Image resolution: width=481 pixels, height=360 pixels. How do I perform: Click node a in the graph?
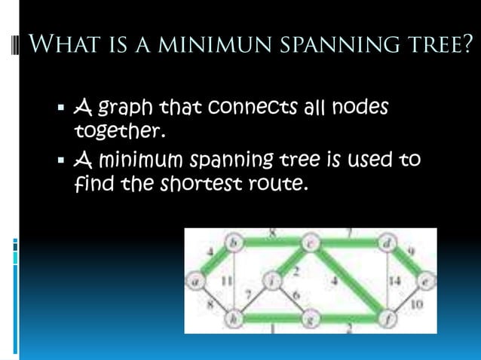click(195, 281)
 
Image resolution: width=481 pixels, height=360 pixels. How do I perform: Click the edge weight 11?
click(225, 280)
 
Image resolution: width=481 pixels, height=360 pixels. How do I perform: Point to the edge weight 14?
click(394, 280)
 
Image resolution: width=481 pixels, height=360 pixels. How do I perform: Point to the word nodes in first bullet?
click(358, 108)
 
